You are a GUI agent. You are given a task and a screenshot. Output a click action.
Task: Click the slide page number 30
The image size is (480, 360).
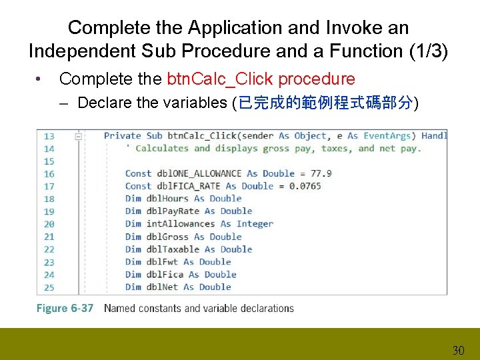[458, 350]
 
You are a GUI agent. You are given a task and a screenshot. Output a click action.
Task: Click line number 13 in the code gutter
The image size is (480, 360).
[49, 136]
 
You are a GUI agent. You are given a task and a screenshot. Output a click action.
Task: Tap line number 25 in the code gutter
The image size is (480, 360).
[49, 287]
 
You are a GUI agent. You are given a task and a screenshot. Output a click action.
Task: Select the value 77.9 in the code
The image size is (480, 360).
[321, 173]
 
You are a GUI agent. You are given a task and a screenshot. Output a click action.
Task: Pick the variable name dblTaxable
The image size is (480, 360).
[172, 249]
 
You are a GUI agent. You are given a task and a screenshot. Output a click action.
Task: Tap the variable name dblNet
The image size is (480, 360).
[161, 287]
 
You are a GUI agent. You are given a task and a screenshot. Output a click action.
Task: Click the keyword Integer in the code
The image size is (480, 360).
[255, 224]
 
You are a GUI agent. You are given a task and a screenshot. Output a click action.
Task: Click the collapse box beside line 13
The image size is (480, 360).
[79, 136]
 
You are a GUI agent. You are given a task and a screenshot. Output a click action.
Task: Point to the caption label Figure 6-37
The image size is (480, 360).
[65, 309]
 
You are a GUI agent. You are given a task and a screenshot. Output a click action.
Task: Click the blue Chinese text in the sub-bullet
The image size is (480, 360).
[325, 103]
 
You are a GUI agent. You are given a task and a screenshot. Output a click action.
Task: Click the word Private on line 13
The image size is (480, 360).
[123, 136]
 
